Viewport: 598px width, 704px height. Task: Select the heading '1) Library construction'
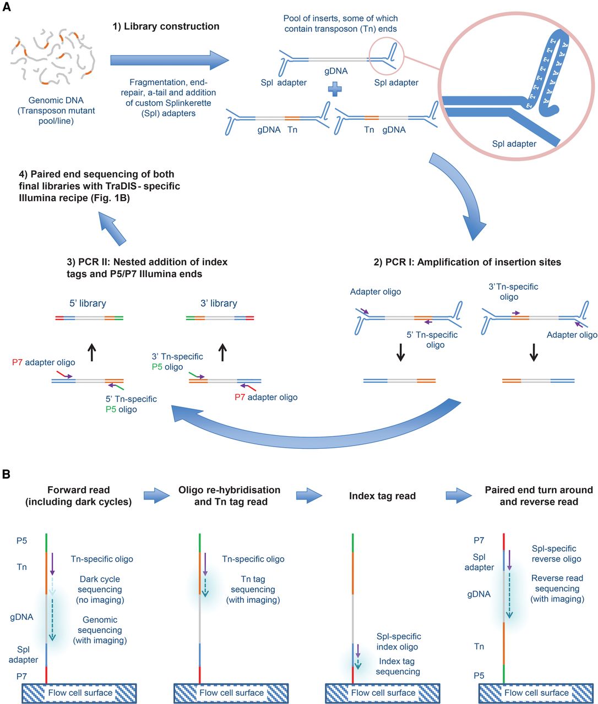(x=166, y=26)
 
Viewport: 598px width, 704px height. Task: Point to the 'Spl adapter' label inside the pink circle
(x=514, y=144)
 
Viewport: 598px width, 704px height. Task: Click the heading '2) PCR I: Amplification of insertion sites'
(x=467, y=262)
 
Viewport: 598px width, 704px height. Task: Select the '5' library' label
(x=88, y=303)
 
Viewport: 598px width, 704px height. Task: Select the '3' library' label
(x=219, y=303)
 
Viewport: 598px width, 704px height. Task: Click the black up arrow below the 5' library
(x=92, y=353)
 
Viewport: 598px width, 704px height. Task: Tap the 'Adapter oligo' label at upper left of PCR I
(x=376, y=291)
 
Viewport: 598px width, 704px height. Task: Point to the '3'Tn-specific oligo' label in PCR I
(x=513, y=291)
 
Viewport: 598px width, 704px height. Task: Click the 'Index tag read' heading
(x=382, y=496)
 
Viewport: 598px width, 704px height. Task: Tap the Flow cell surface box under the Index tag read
(x=383, y=693)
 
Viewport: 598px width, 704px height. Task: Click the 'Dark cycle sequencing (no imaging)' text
(x=100, y=589)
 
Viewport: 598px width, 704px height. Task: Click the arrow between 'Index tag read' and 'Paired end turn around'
(x=458, y=496)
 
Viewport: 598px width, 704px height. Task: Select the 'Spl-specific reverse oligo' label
(x=556, y=553)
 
